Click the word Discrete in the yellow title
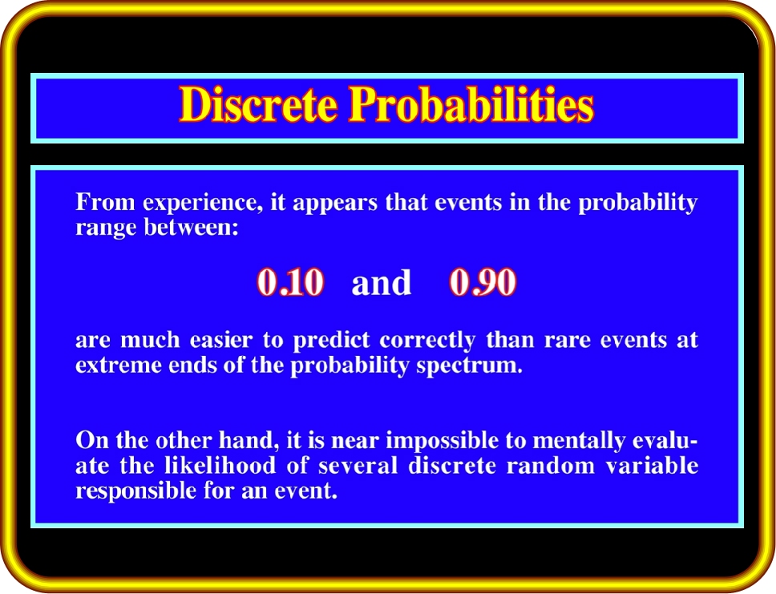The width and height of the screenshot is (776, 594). [258, 104]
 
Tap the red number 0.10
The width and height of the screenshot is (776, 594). [290, 282]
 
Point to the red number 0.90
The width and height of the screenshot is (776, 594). [483, 282]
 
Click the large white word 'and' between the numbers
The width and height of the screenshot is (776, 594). [381, 283]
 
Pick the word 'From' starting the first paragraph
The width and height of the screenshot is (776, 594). [105, 203]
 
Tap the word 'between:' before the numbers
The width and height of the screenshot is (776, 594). [192, 228]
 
